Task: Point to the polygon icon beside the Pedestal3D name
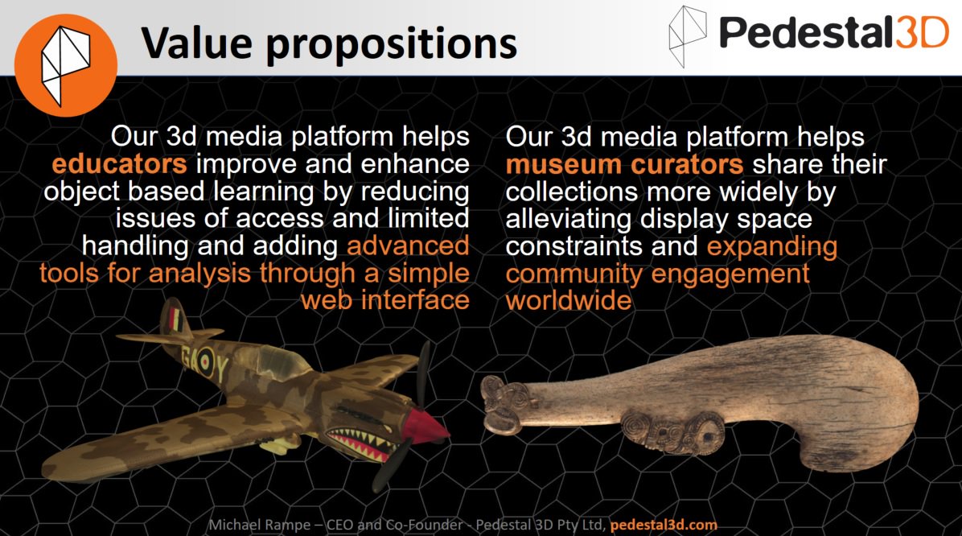(690, 35)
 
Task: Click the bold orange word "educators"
(119, 164)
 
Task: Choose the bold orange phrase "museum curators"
(624, 164)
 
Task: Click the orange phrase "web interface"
(384, 300)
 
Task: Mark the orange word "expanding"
(773, 245)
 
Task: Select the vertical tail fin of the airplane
(171, 317)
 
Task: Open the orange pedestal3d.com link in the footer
(664, 525)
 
